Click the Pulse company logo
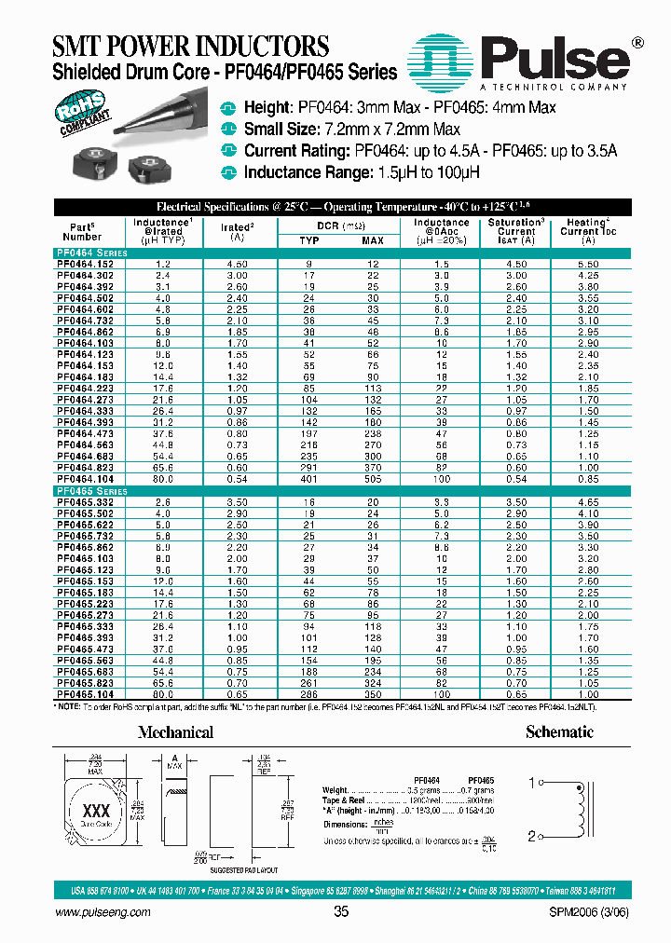tap(527, 61)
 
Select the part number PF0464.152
tap(86, 264)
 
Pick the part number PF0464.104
tap(86, 478)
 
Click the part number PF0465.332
tap(86, 501)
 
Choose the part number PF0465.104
tap(86, 694)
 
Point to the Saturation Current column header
tap(515, 230)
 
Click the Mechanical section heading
tap(175, 732)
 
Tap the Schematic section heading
tap(559, 732)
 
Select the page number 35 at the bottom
tap(340, 912)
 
